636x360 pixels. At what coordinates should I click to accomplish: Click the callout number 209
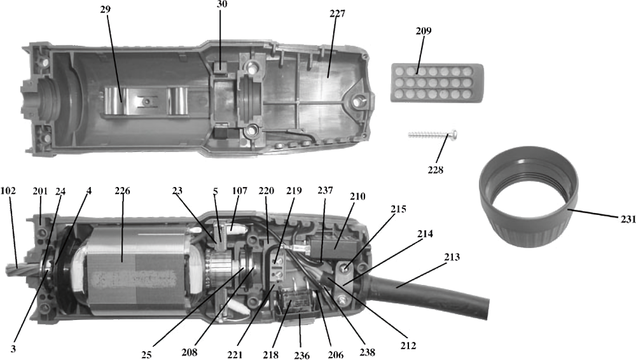pos(424,31)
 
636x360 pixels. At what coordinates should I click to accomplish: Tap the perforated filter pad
pos(438,83)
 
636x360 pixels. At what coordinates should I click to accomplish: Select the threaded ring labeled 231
pos(529,196)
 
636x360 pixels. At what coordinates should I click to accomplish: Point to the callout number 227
pos(338,14)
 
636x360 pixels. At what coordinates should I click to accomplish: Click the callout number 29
pos(106,10)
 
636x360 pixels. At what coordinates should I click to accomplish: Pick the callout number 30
pos(222,4)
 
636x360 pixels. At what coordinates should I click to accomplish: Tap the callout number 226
pos(123,191)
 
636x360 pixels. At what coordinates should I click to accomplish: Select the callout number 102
pos(8,191)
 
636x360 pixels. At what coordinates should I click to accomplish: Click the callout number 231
pos(628,219)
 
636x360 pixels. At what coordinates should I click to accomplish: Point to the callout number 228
pos(436,170)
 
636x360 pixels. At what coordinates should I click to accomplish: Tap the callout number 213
pos(452,258)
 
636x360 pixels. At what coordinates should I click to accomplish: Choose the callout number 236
pos(301,356)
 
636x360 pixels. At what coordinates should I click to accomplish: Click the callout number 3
pos(13,349)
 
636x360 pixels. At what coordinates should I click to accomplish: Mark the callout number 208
pos(190,352)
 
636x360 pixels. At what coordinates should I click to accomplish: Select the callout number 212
pos(408,346)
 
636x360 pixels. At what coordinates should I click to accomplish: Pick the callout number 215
pos(399,209)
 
